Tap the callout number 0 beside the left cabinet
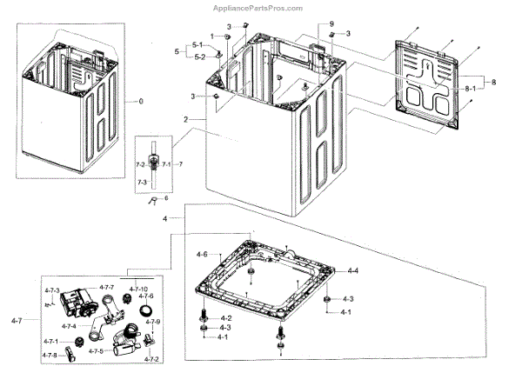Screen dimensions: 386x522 tap(137, 102)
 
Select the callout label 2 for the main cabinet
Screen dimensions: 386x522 tap(186, 117)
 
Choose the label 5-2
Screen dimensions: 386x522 tap(199, 57)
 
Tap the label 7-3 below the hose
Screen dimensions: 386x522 tap(141, 183)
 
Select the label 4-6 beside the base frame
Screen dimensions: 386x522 tap(201, 254)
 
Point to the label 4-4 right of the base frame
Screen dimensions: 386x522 tap(354, 272)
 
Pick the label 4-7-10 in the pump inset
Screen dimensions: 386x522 tap(139, 289)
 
